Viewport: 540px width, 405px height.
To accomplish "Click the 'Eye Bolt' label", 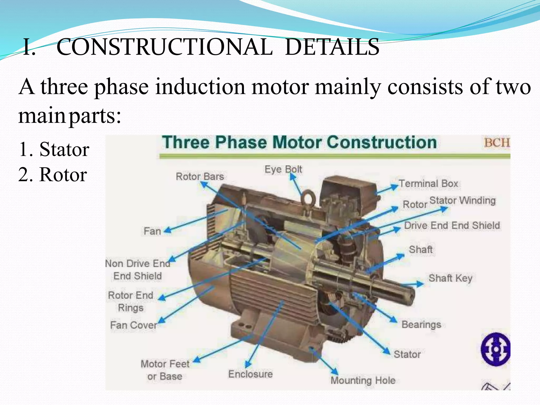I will (283, 169).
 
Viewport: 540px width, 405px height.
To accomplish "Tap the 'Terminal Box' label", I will (428, 184).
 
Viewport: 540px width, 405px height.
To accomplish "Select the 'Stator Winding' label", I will (462, 200).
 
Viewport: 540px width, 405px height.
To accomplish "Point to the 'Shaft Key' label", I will (450, 278).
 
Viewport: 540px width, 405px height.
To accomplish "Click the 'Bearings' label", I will (421, 325).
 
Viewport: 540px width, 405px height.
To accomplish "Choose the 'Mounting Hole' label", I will (363, 380).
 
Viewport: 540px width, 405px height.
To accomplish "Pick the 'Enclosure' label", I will (250, 374).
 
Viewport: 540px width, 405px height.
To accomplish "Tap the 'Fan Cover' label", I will (133, 325).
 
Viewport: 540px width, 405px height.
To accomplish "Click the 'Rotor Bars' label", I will (200, 176).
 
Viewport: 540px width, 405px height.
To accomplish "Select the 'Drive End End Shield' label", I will (452, 226).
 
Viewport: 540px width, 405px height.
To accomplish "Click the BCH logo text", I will (497, 143).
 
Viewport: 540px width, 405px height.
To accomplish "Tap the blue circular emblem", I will (495, 349).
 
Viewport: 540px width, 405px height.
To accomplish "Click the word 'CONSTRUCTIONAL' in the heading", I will (165, 47).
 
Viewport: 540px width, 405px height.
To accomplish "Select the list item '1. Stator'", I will (54, 149).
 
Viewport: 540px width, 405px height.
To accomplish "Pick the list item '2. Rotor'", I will (53, 175).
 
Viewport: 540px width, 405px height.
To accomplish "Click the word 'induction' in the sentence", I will (200, 87).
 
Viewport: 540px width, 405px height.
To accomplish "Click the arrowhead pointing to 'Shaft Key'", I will (420, 284).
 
